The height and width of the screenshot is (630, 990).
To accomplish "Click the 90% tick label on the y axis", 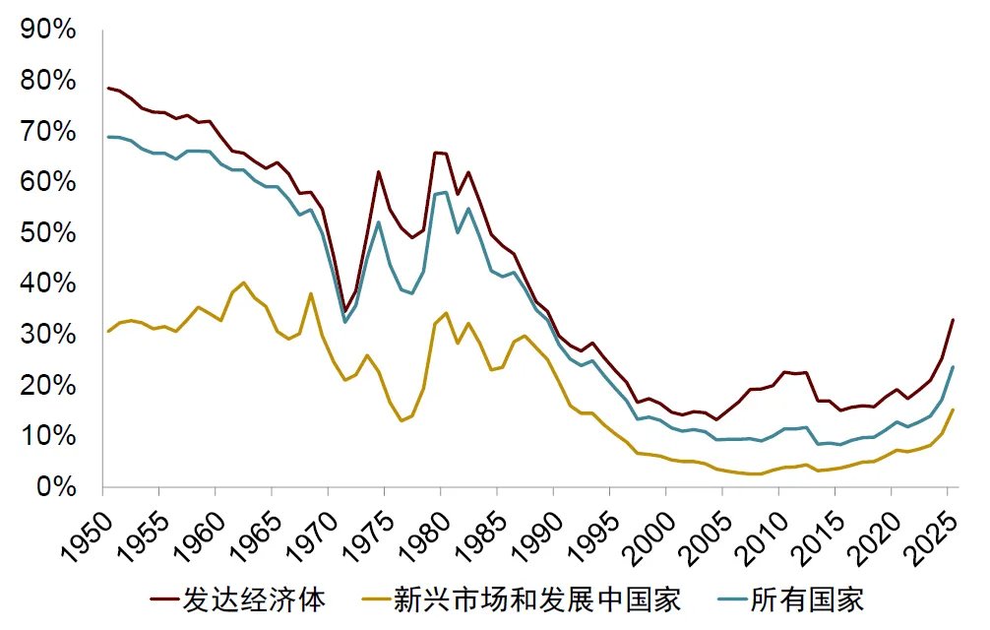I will click(48, 30).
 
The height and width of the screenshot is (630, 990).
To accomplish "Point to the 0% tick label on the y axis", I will click(55, 486).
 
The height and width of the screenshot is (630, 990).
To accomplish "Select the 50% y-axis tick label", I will click(48, 233).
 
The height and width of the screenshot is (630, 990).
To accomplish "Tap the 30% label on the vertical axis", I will click(48, 335).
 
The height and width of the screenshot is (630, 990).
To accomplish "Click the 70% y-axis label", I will click(48, 131).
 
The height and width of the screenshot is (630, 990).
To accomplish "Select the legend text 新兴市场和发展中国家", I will click(536, 598).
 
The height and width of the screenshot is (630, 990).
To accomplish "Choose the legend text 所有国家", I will click(807, 598).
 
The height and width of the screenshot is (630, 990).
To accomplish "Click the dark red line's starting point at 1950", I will click(107, 88).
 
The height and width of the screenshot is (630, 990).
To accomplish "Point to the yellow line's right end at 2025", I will click(953, 409).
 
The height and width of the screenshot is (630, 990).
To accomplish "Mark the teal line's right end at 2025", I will click(953, 367).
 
